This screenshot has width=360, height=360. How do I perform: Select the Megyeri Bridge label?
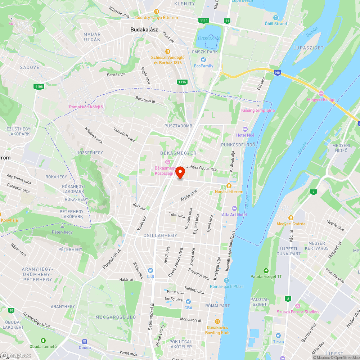321,100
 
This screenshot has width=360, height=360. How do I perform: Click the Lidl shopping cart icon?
150,270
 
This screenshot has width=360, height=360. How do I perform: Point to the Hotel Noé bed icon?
246,129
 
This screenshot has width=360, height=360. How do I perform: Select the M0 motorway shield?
277,73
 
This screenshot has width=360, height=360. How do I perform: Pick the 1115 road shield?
182,82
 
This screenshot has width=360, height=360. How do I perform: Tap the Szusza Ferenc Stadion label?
298,312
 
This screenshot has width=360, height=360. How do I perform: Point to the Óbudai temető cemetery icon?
43,341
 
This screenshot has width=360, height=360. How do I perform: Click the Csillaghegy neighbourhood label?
160,235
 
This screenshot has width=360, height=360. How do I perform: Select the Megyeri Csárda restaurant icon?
291,217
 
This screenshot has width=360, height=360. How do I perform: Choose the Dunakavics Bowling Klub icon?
217,321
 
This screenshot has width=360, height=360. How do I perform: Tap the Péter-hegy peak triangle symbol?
62,226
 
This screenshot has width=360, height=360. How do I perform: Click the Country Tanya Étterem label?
157,18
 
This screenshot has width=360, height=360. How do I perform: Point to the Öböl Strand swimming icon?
276,17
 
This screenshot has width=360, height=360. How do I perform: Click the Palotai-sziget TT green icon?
266,270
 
